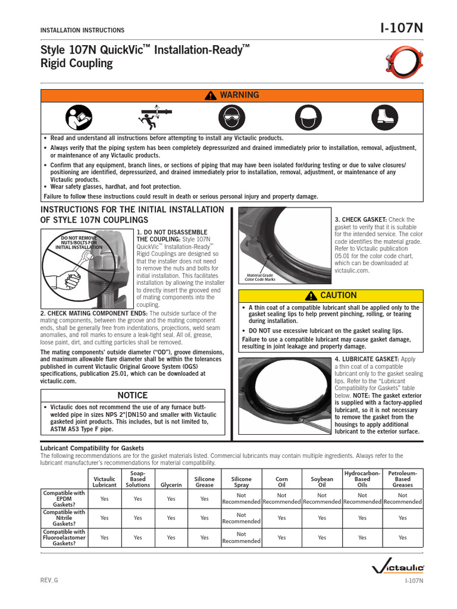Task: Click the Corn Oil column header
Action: point(281,482)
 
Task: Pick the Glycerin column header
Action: point(171,485)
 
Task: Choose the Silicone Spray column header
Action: point(241,482)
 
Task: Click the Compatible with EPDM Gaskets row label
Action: point(64,498)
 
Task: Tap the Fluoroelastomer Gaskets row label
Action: point(64,538)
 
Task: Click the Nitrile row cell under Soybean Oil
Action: point(322,518)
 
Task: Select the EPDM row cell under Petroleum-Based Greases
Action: point(403,498)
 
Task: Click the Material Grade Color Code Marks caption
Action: point(260,277)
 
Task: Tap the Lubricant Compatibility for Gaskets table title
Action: point(92,448)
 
